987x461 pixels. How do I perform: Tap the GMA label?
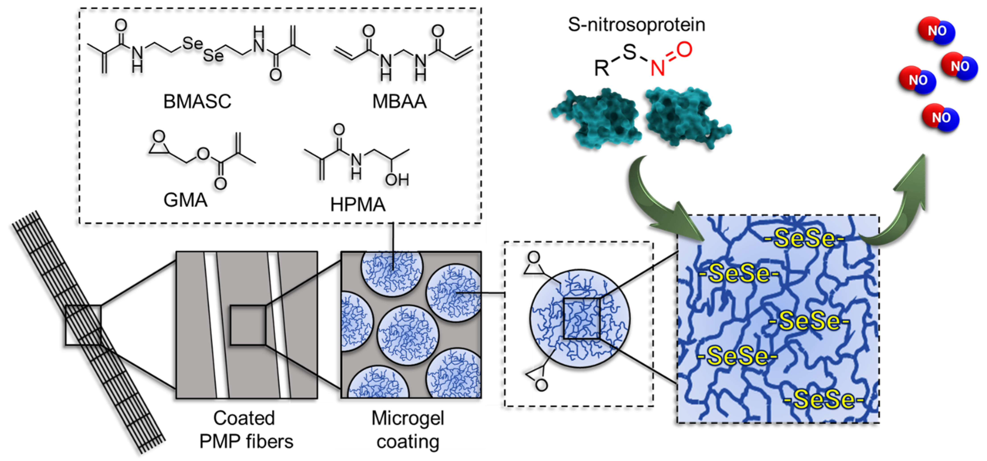click(x=185, y=200)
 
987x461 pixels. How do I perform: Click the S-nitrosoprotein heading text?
click(x=636, y=25)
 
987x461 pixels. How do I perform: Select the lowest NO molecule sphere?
click(x=940, y=118)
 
